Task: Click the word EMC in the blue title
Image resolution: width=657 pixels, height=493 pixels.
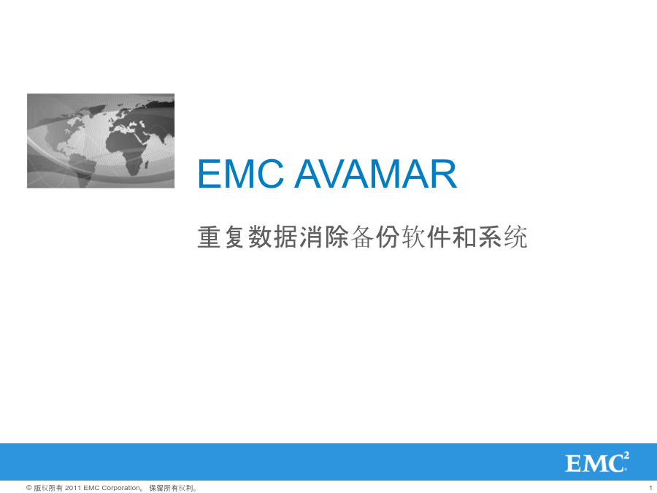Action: coord(240,174)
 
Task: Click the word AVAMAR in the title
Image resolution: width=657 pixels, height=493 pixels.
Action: coord(376,174)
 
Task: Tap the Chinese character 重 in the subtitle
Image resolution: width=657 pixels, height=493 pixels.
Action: coord(209,237)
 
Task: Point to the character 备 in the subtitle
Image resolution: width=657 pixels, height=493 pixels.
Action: coord(362,237)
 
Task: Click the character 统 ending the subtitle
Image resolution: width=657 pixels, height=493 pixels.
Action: coord(516,237)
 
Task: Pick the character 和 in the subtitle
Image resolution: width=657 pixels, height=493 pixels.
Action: coord(465,237)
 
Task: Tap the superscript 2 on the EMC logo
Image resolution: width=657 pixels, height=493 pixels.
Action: coord(626,456)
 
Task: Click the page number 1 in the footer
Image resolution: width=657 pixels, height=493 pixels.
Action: coord(650,488)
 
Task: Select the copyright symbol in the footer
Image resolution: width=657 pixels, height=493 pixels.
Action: coord(29,488)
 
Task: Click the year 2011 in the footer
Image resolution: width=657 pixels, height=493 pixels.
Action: coord(73,488)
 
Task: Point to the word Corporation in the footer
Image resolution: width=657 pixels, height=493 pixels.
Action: coord(120,488)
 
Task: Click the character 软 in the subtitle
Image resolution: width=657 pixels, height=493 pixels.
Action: coord(414,237)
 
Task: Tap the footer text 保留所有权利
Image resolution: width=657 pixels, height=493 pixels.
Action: coord(171,488)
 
